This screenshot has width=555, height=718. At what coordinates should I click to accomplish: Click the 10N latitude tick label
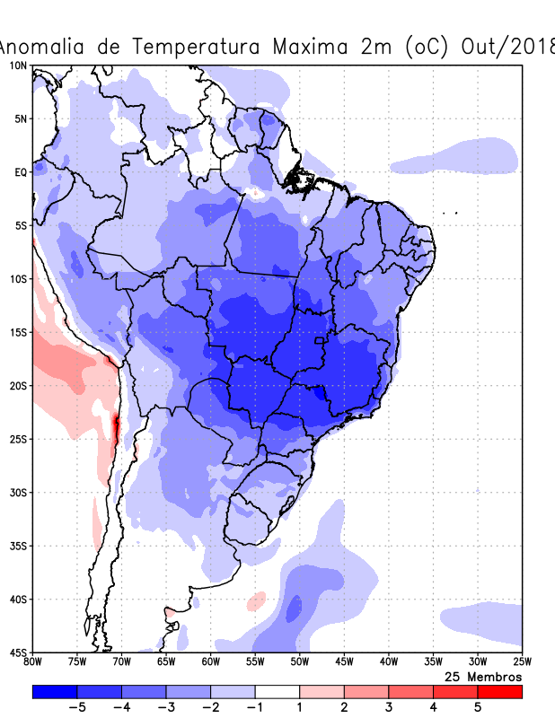point(17,66)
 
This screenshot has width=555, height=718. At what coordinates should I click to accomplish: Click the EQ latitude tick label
point(20,172)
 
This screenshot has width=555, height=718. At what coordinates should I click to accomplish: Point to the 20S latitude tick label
point(17,386)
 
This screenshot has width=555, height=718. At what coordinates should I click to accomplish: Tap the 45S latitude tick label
point(17,652)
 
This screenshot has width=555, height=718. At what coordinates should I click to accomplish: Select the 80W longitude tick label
point(32,662)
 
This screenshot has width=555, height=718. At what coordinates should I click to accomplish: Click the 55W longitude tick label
point(254,662)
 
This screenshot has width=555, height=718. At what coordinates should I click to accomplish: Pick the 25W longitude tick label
point(521,662)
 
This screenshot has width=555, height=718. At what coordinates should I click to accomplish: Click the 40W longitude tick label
point(388,662)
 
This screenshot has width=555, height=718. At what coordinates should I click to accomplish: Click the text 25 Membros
point(483,677)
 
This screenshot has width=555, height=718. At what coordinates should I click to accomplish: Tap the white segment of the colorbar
point(277,692)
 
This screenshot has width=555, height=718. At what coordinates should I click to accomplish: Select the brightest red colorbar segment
point(500,692)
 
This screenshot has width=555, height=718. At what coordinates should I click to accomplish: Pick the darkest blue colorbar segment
point(55,692)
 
